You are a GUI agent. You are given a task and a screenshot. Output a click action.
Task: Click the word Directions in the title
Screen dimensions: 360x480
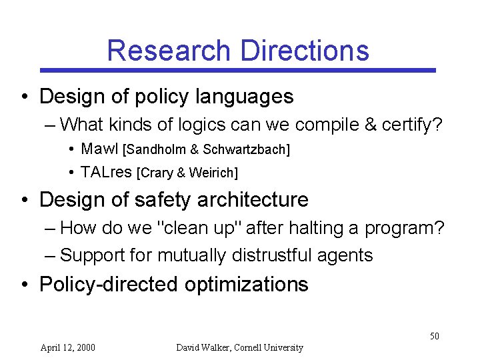305,51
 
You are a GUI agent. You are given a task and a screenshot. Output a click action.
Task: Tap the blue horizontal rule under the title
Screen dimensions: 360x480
238,70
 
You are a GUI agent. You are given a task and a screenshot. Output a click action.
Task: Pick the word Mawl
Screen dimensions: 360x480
99,149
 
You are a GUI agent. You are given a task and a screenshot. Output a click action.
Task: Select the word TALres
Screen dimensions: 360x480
106,173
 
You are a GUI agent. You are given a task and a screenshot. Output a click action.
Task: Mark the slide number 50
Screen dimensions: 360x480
434,336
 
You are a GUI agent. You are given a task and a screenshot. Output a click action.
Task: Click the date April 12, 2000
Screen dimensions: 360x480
67,347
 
